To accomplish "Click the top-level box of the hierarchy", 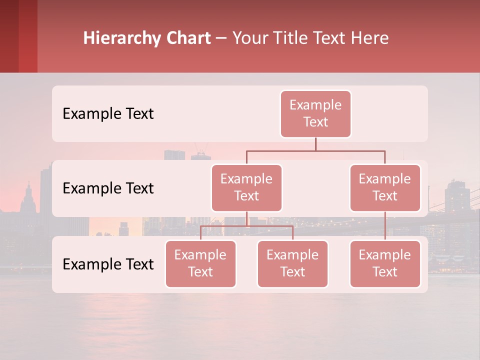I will point(315,113).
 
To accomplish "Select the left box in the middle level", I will point(246,187).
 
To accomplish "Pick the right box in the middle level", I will point(385,187).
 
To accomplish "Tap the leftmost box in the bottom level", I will point(200,263).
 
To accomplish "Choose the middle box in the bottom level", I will point(292,263).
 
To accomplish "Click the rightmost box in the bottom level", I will point(385,263).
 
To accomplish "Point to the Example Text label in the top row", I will point(108,114).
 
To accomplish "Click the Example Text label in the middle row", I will point(108,188).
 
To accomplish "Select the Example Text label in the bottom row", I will point(108,264).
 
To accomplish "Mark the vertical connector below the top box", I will point(315,144).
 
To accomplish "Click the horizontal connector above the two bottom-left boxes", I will point(246,226).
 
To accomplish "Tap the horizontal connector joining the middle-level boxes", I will point(315,150).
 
